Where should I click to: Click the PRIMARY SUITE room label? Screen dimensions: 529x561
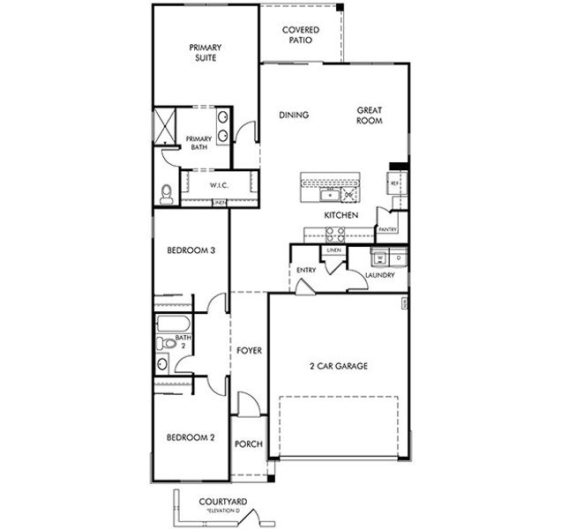(206, 53)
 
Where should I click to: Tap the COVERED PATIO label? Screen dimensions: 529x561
(300, 35)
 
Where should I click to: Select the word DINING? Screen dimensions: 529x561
(293, 115)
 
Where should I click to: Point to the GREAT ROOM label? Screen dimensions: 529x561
(369, 115)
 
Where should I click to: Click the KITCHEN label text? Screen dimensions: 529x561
(340, 215)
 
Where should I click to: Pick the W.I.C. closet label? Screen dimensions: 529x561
(220, 186)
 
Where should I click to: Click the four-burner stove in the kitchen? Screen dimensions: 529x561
(335, 234)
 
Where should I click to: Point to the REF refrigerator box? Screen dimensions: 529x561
(395, 184)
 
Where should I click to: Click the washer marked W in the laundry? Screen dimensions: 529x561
(380, 257)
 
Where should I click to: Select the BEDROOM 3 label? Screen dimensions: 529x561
(191, 250)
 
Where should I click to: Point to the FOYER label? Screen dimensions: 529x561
(249, 351)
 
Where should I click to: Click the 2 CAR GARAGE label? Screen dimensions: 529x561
(338, 366)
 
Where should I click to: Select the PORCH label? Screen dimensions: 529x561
(248, 443)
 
